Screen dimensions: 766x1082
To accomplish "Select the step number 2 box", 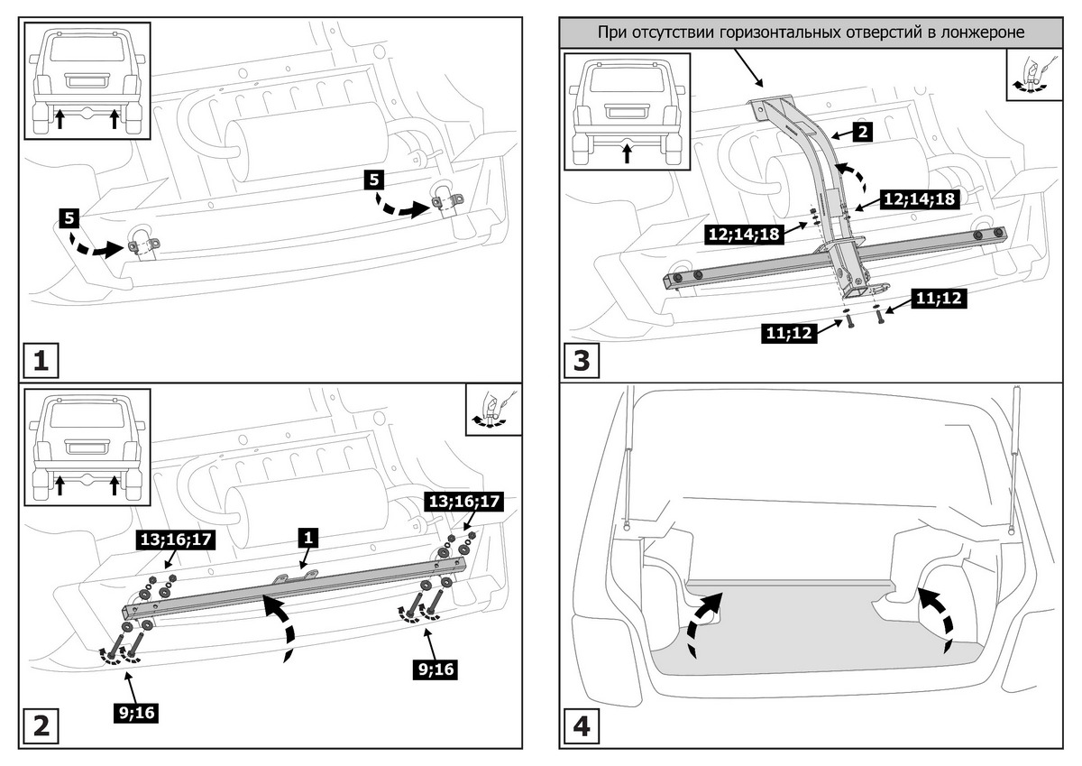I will (41, 726).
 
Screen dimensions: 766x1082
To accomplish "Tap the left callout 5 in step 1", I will (69, 217).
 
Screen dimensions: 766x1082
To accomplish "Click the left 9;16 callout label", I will (134, 713).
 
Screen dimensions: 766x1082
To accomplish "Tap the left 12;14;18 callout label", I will (743, 235).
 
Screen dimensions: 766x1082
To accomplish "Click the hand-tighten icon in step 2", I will (493, 411).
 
